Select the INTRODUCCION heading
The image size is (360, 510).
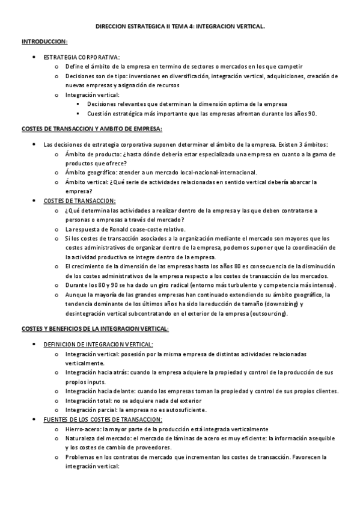coord(44,41)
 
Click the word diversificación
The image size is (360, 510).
coord(185,76)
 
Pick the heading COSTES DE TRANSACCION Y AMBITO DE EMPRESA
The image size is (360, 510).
coord(91,129)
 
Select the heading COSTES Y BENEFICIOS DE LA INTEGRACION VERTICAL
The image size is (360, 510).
coord(95,328)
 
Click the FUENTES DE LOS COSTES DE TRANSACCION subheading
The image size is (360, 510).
coord(103,419)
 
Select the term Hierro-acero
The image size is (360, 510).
coord(82,429)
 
